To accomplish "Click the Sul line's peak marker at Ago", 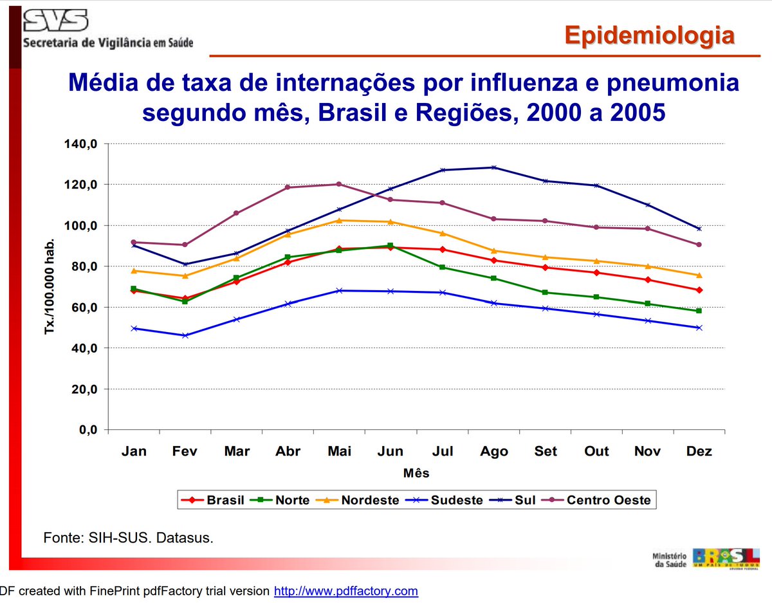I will pyautogui.click(x=493, y=167).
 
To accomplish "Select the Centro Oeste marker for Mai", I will pyautogui.click(x=339, y=185).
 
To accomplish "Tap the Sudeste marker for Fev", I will pyautogui.click(x=185, y=335).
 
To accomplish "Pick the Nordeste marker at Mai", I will pyautogui.click(x=339, y=220).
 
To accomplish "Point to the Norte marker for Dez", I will pyautogui.click(x=699, y=311).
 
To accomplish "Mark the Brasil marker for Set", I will pyautogui.click(x=545, y=267).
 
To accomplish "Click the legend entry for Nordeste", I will pyautogui.click(x=361, y=500).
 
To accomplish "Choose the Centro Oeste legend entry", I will pyautogui.click(x=598, y=500).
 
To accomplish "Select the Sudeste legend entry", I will pyautogui.click(x=447, y=500).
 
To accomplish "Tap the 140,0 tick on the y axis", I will pyautogui.click(x=80, y=144).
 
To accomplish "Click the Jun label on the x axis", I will pyautogui.click(x=391, y=451).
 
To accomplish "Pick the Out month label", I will pyautogui.click(x=596, y=451).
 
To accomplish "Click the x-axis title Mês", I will pyautogui.click(x=416, y=473).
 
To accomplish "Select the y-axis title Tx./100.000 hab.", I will pyautogui.click(x=51, y=286).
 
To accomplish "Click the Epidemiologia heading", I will pyautogui.click(x=649, y=35).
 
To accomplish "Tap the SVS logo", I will pyautogui.click(x=55, y=21).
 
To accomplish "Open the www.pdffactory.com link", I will pyautogui.click(x=346, y=591).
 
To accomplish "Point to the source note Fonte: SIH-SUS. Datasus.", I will pyautogui.click(x=128, y=537).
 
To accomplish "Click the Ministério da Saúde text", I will pyautogui.click(x=669, y=560).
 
